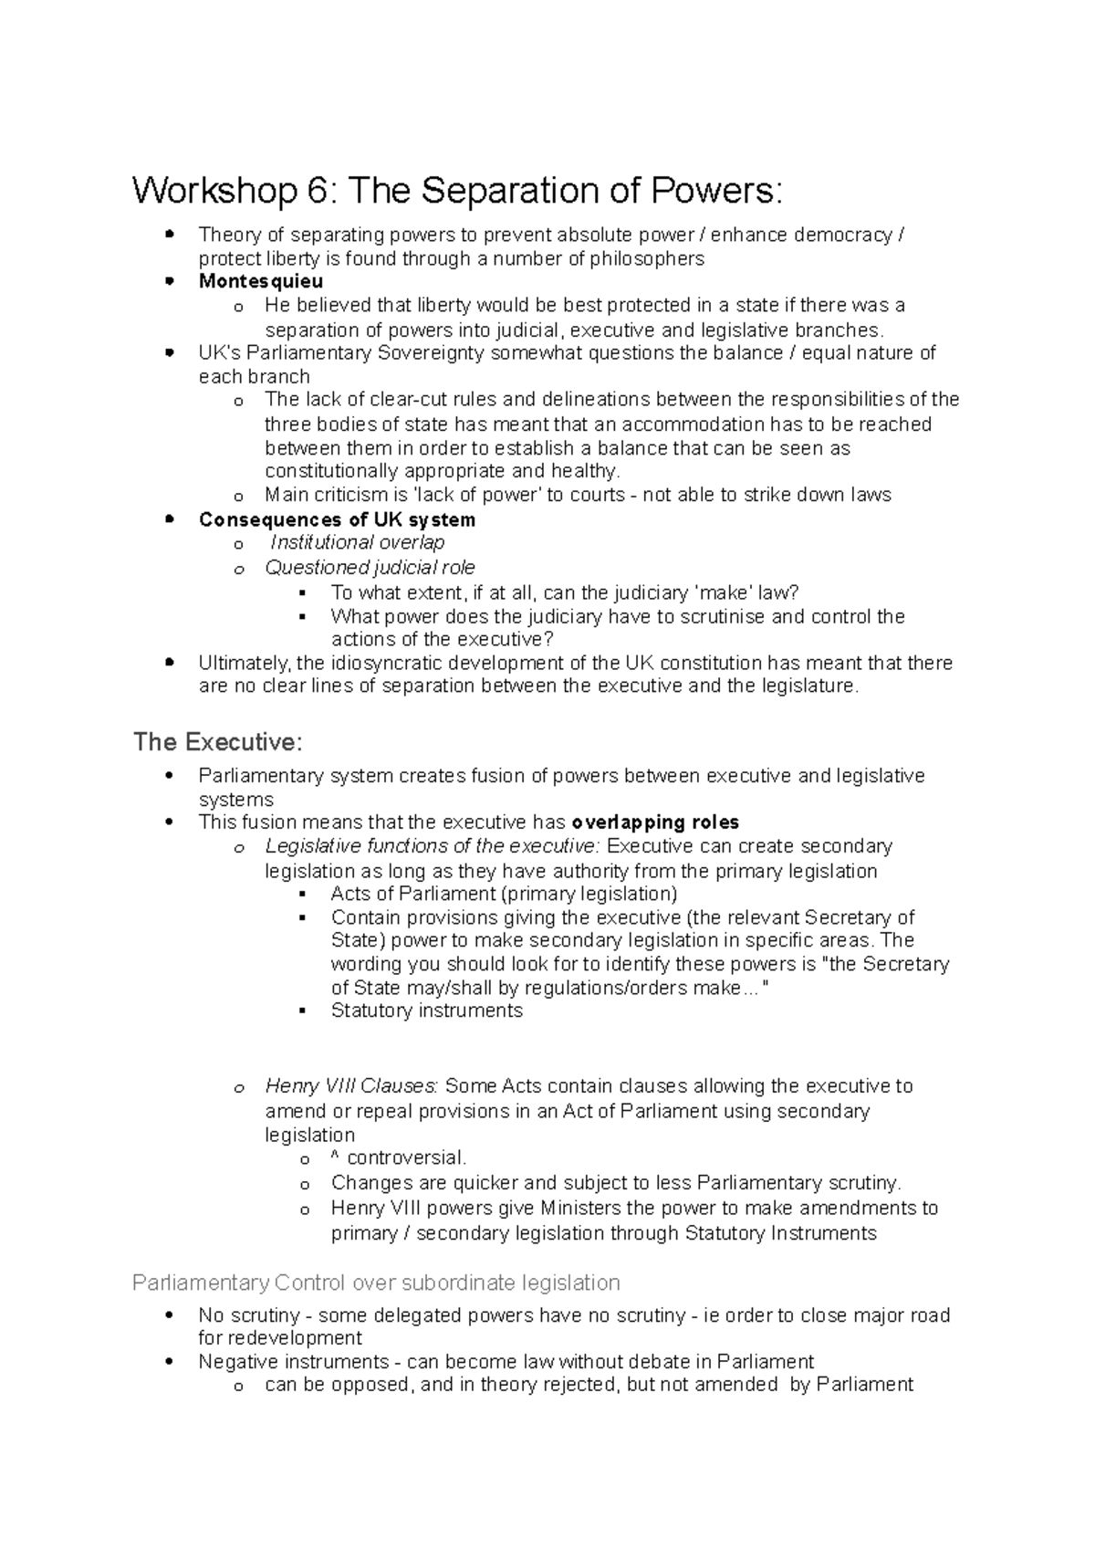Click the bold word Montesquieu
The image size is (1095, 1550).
(261, 281)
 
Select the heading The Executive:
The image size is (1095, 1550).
(217, 742)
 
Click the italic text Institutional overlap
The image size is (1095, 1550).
(358, 543)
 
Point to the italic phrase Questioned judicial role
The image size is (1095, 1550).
(370, 568)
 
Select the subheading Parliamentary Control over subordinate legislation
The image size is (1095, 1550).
(376, 1283)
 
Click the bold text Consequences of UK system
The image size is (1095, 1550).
(337, 520)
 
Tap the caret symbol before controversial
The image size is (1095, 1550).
(335, 1158)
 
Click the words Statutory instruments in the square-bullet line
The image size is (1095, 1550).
(426, 1011)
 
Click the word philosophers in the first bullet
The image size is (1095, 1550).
(647, 258)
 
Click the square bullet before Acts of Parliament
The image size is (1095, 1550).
(302, 894)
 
